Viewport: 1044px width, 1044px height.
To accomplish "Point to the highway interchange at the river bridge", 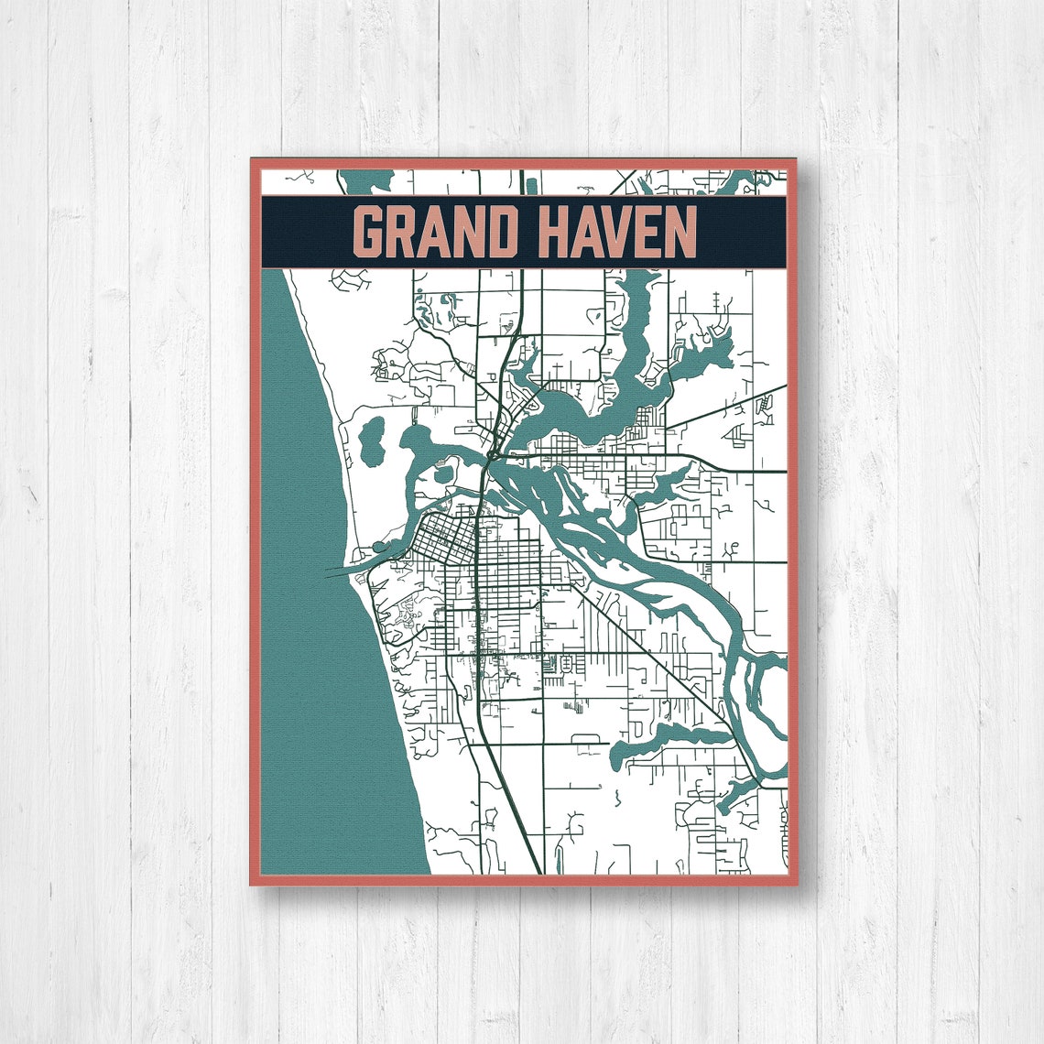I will (495, 451).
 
